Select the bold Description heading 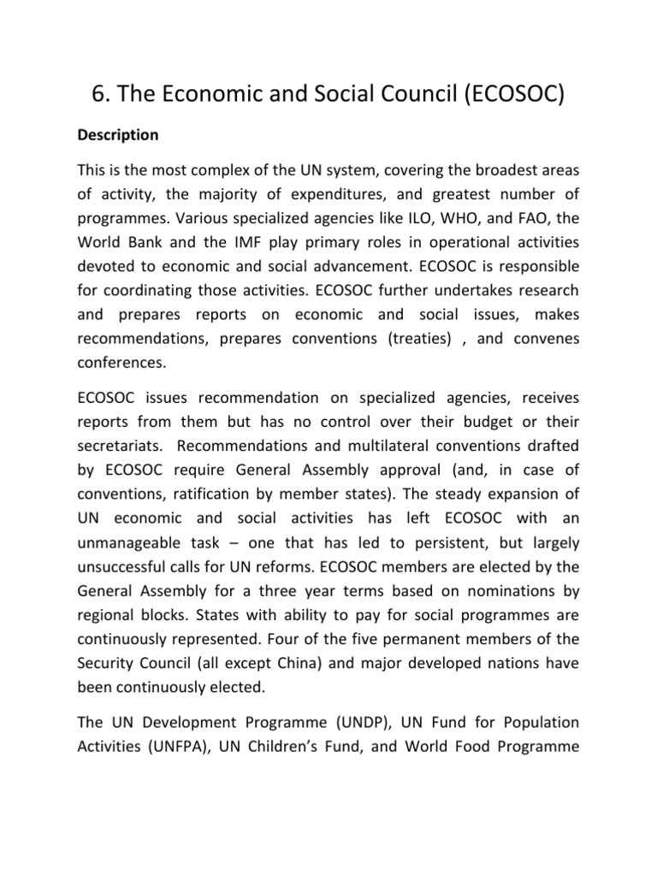coord(118,135)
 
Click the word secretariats coord(121,445)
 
